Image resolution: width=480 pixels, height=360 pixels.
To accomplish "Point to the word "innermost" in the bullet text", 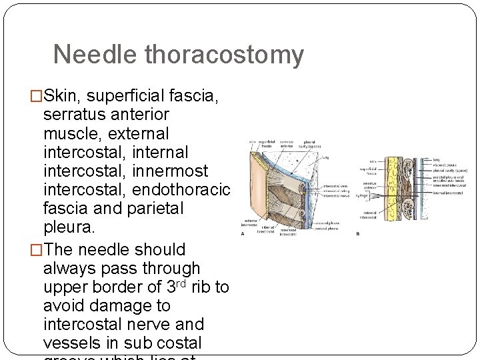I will point(171,171).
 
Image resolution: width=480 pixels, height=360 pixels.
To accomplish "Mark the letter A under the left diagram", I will point(243,234).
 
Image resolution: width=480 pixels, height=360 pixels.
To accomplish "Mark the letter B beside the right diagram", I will point(357,233).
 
